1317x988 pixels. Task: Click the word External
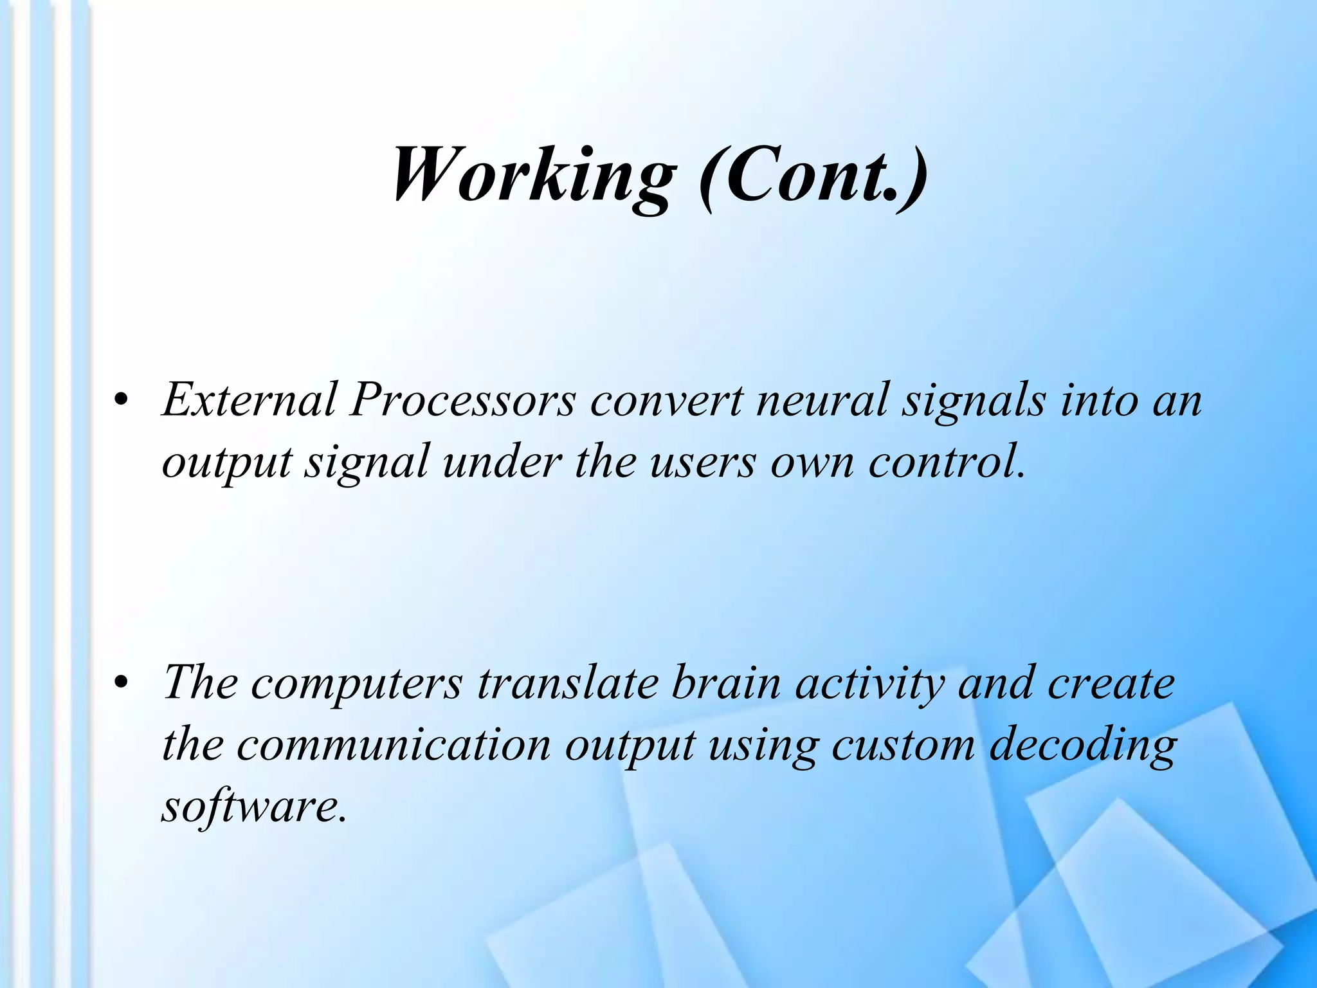[250, 400]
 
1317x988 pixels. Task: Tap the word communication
[394, 744]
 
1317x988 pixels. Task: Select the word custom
[903, 745]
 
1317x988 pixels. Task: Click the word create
[1111, 683]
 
